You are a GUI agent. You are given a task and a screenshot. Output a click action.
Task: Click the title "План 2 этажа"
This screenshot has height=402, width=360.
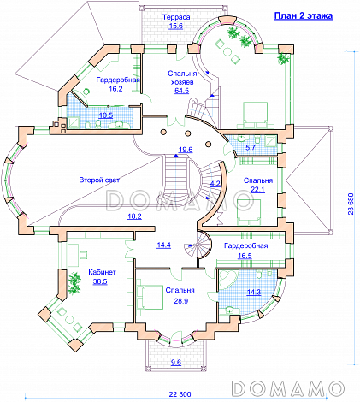click(x=304, y=15)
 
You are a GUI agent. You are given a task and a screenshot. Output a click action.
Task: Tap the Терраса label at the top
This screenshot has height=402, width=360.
click(x=176, y=17)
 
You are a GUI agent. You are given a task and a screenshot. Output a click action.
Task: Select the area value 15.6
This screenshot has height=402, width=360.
click(x=176, y=26)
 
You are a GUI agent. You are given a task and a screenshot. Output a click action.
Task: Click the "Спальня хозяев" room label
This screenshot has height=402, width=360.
click(x=182, y=78)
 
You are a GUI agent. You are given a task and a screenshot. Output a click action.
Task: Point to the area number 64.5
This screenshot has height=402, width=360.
click(x=182, y=91)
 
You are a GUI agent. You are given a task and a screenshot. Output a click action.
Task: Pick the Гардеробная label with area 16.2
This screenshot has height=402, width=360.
click(x=118, y=80)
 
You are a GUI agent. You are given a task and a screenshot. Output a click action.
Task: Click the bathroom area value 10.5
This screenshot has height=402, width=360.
click(x=106, y=115)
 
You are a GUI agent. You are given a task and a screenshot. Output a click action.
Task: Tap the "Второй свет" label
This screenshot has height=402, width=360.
click(x=99, y=180)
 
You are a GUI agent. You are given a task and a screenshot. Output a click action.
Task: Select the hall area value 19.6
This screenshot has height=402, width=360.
click(x=186, y=150)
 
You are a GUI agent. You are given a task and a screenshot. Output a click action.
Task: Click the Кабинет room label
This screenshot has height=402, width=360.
click(x=102, y=272)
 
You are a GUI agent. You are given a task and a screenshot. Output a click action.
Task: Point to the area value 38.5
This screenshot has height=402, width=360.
click(x=100, y=281)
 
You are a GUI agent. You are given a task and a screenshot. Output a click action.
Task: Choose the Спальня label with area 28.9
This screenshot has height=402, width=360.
click(x=180, y=290)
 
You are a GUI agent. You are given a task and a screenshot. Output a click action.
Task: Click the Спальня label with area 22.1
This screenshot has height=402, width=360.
click(x=258, y=180)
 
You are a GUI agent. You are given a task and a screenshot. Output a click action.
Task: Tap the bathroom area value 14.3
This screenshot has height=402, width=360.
click(x=254, y=292)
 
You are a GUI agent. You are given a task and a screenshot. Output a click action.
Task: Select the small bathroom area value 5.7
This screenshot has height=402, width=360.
click(x=251, y=147)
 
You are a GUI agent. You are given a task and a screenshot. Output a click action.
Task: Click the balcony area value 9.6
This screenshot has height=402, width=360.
click(x=176, y=363)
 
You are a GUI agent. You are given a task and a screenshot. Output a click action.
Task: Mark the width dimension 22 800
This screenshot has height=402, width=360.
click(x=180, y=394)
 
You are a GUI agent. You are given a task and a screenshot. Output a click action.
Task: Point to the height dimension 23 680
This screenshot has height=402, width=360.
click(x=351, y=204)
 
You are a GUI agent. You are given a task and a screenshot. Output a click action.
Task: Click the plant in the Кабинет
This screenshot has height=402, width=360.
click(x=74, y=283)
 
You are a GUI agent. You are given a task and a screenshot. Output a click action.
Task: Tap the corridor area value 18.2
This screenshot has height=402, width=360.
click(x=134, y=216)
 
